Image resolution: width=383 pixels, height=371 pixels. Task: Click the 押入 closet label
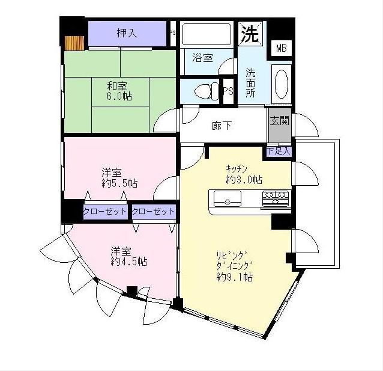point(127,33)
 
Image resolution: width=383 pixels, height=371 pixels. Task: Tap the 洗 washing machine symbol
point(250,33)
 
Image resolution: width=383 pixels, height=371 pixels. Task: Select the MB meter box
point(280,48)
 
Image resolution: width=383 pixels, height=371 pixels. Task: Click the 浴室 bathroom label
point(202,58)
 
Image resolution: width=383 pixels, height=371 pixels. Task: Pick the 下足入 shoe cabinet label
point(279,150)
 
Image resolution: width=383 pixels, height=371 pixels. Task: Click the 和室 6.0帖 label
point(121,91)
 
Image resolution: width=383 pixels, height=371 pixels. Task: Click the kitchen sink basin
point(222,198)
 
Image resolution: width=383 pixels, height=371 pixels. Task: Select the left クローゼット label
point(105,212)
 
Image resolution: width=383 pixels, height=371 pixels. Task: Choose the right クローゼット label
point(153,212)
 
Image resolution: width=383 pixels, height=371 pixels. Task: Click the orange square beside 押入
point(75,43)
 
